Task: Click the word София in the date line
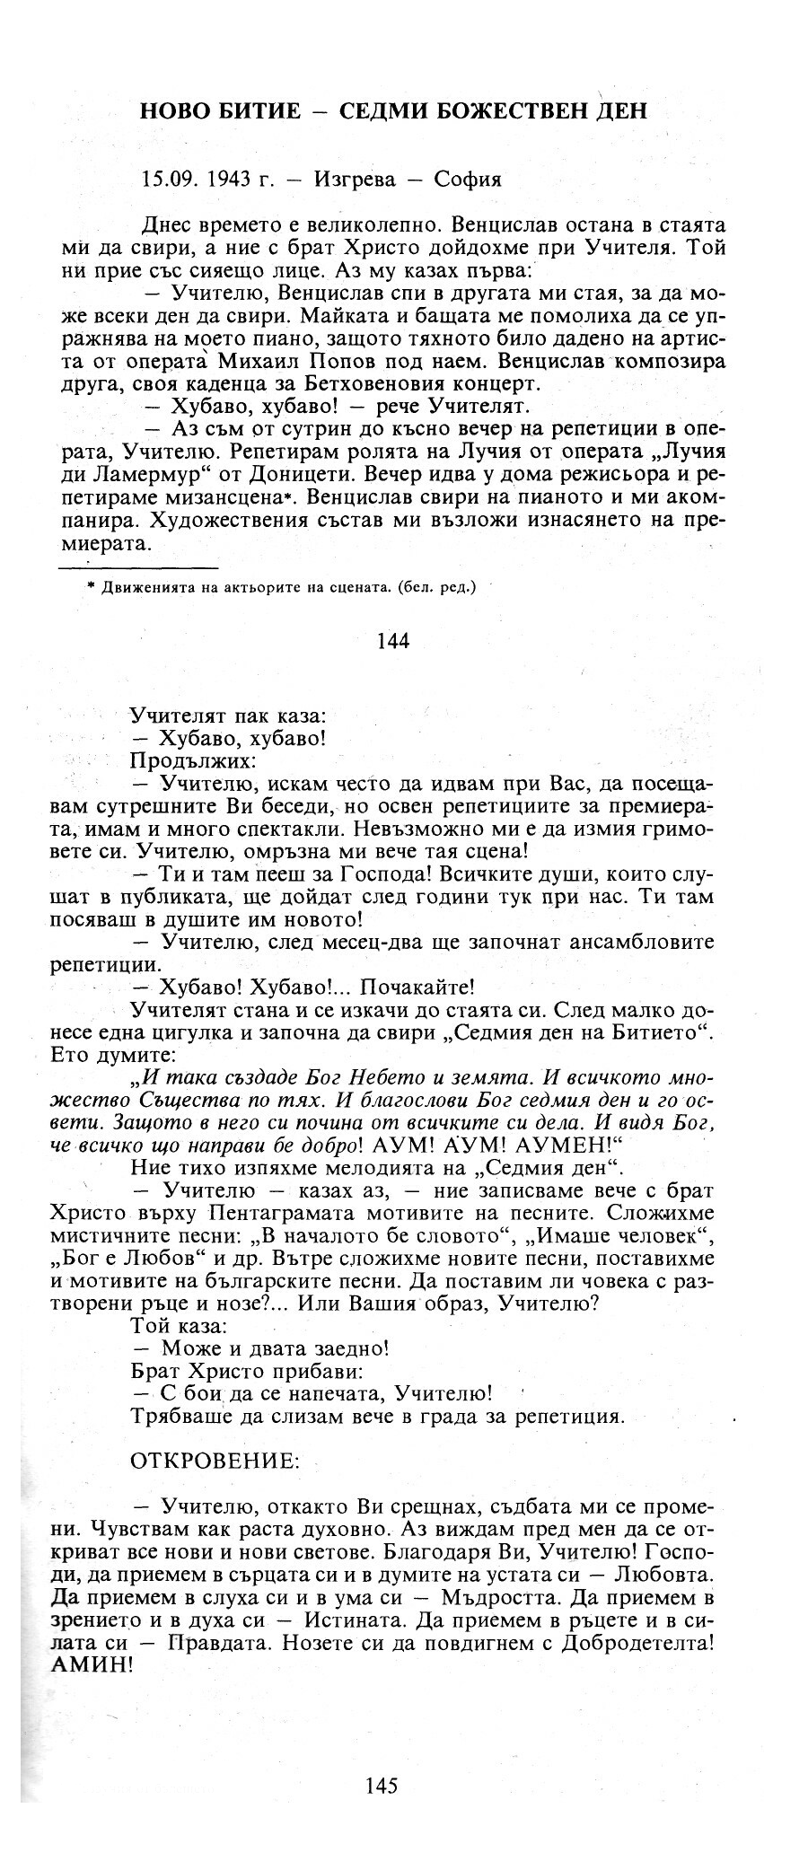pyautogui.click(x=468, y=179)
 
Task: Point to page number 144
pyautogui.click(x=393, y=640)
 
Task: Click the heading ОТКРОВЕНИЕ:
pyautogui.click(x=215, y=1461)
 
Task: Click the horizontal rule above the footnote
pyautogui.click(x=138, y=567)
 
